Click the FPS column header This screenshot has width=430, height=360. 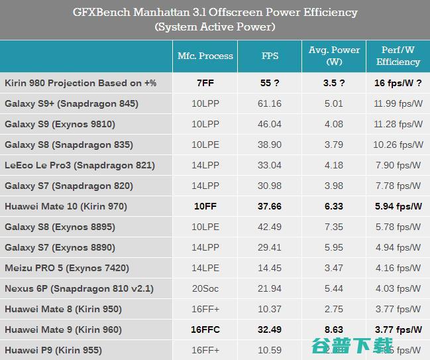[270, 56]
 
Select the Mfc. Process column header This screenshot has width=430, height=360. [205, 56]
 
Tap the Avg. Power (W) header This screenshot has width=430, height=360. [334, 56]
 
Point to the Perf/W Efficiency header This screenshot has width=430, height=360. [398, 56]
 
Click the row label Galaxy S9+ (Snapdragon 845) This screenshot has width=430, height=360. [72, 103]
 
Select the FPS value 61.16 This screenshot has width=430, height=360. [270, 103]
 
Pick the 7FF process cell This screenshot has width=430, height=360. [205, 83]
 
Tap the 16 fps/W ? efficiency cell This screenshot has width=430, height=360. [398, 83]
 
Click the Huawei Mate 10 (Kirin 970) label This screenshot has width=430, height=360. [66, 206]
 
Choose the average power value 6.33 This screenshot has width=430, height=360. [334, 206]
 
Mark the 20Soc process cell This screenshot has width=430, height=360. [205, 288]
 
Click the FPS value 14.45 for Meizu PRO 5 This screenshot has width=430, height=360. [270, 268]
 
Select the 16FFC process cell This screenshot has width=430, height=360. [205, 330]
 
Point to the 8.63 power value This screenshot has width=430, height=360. [334, 330]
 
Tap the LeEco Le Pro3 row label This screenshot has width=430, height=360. [80, 165]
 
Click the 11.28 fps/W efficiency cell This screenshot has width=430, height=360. [398, 124]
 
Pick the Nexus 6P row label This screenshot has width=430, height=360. [80, 288]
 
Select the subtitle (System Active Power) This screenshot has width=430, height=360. [215, 27]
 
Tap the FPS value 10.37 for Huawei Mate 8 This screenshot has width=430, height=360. [270, 309]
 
